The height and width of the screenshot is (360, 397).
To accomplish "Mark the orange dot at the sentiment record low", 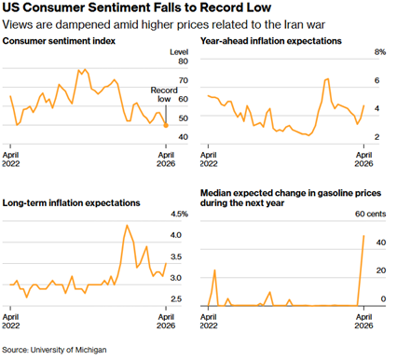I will tap(166, 124).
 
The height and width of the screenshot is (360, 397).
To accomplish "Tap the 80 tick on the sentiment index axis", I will tap(183, 62).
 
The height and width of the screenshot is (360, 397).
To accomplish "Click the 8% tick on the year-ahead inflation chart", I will tap(379, 52).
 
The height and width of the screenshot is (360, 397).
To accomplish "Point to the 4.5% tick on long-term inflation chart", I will tap(179, 214).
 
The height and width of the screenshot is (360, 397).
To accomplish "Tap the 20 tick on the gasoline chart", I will tap(380, 270).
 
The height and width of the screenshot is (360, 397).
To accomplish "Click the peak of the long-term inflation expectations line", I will tap(127, 225).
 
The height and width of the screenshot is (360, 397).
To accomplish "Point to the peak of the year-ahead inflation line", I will tap(326, 79).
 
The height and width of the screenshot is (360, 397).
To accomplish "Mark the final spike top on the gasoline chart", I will tap(363, 235).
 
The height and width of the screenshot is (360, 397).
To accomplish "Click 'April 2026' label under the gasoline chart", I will tap(363, 322).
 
